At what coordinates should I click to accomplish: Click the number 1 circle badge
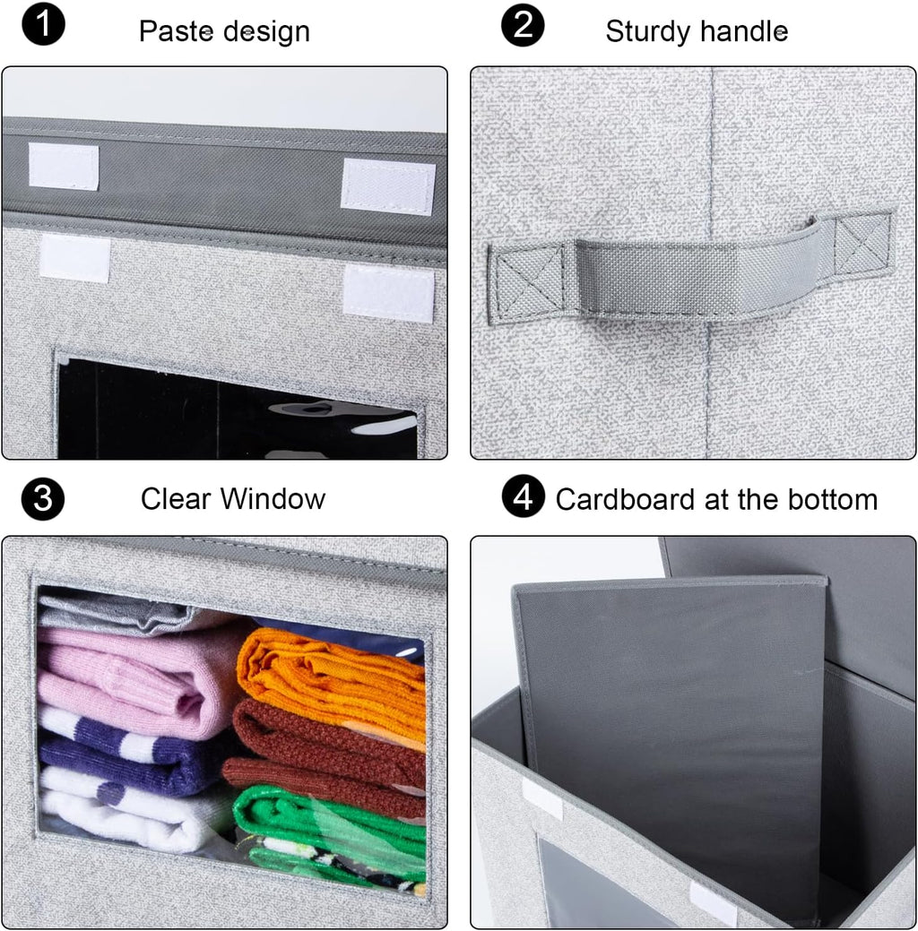pyautogui.click(x=43, y=26)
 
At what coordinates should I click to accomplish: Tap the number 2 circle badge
pyautogui.click(x=523, y=26)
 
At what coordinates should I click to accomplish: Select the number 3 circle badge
pyautogui.click(x=43, y=499)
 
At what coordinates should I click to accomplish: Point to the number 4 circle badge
pyautogui.click(x=523, y=497)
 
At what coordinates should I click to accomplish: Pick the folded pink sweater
pyautogui.click(x=134, y=677)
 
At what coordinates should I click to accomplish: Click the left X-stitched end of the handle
pyautogui.click(x=525, y=280)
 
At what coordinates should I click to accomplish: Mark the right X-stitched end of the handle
pyautogui.click(x=862, y=244)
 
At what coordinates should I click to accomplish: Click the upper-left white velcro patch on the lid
pyautogui.click(x=63, y=167)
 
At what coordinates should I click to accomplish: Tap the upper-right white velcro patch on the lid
pyautogui.click(x=387, y=186)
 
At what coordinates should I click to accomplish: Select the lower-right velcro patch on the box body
pyautogui.click(x=387, y=293)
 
